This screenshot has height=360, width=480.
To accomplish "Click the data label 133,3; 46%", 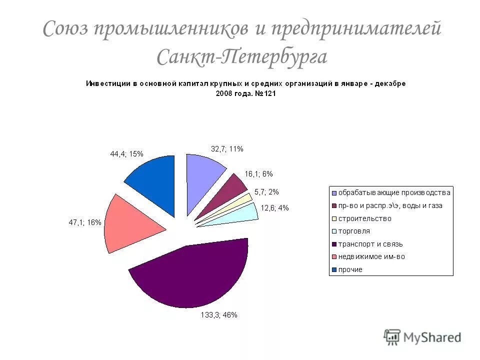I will point(216,315).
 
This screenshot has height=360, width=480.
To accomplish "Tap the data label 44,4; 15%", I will point(126,154).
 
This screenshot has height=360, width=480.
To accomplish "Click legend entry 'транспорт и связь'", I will point(370,244).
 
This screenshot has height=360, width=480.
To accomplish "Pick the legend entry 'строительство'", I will point(364,218).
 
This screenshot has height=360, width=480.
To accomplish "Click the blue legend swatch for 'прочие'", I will point(333,270).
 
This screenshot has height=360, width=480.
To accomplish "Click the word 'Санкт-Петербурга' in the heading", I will point(242,56).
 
